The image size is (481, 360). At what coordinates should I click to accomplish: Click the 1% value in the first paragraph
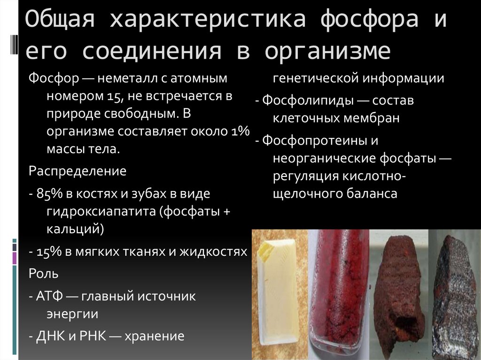240,131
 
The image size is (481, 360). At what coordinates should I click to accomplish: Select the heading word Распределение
78,170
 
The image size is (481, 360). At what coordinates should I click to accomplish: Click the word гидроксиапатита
101,211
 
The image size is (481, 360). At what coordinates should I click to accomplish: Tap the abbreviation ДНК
49,336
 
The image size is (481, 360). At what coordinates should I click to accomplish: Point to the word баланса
371,193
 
